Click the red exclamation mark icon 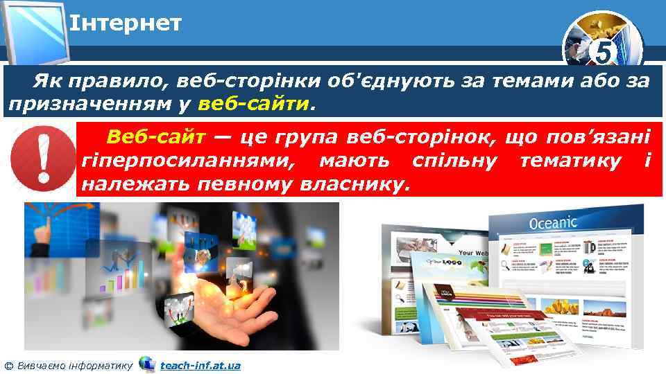point(42,159)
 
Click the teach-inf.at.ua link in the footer point(200,364)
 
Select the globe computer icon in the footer point(146,364)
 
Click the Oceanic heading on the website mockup point(553,223)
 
